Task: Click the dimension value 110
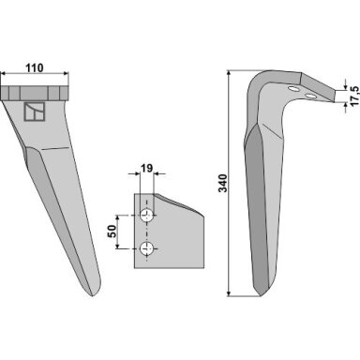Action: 35,67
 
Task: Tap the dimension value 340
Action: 223,183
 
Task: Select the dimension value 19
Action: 146,169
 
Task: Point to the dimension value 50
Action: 112,231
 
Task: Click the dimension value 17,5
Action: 354,96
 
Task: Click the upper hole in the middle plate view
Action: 146,216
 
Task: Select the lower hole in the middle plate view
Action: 146,248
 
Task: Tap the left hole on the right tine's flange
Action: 293,89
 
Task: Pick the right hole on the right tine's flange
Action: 310,96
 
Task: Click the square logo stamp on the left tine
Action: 35,112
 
